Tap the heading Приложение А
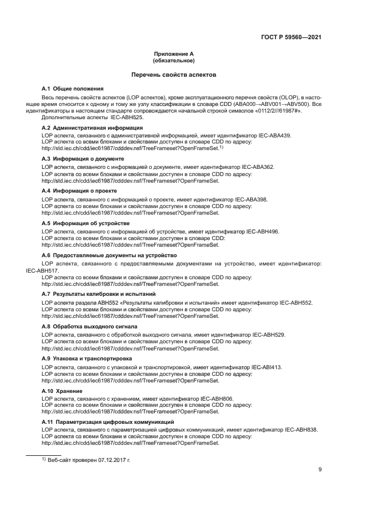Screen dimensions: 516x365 click(173, 54)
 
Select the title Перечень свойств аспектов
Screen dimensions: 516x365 click(173, 74)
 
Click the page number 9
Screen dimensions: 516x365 click(320, 469)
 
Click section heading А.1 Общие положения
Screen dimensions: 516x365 click(73, 88)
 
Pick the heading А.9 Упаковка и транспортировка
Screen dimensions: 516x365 click(87, 359)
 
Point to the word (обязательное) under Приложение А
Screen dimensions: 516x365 click(173, 60)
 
